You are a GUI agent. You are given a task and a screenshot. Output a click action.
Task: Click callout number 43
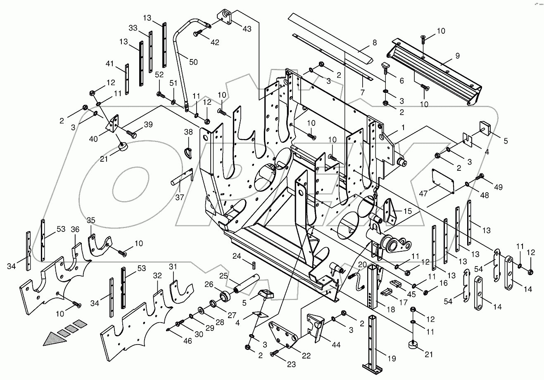click(x=247, y=29)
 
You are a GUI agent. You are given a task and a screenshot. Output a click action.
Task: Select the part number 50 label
click(x=193, y=62)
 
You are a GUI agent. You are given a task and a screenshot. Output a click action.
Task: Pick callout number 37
click(x=179, y=198)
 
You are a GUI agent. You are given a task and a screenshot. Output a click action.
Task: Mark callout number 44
click(x=336, y=345)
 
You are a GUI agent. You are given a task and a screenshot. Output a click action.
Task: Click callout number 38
click(x=188, y=132)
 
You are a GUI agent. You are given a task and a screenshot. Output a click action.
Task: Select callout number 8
click(x=375, y=42)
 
